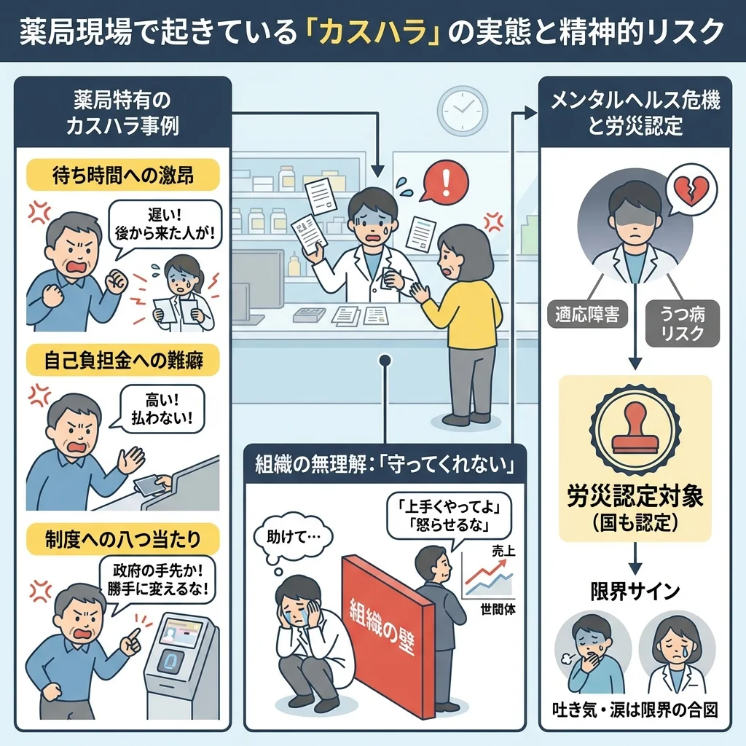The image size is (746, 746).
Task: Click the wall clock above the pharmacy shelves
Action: [x=462, y=110]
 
